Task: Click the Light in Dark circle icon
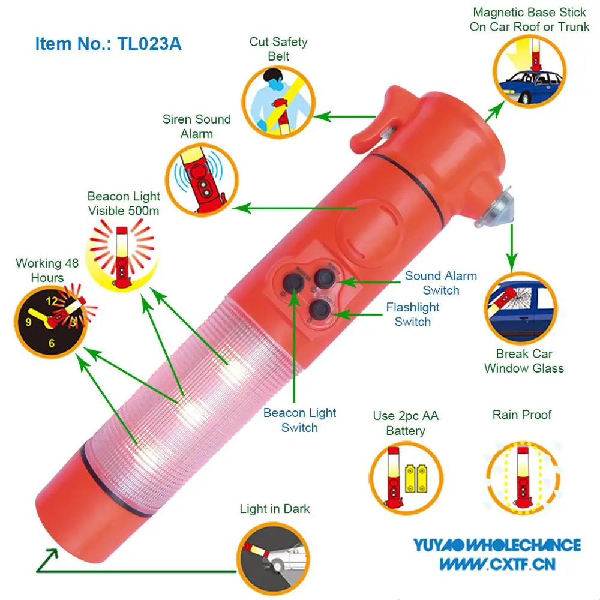tap(274, 555)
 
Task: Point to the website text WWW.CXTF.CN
tap(497, 563)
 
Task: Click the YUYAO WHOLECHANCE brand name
tap(496, 545)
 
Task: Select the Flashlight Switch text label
tap(413, 314)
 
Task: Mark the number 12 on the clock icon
tap(52, 301)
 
